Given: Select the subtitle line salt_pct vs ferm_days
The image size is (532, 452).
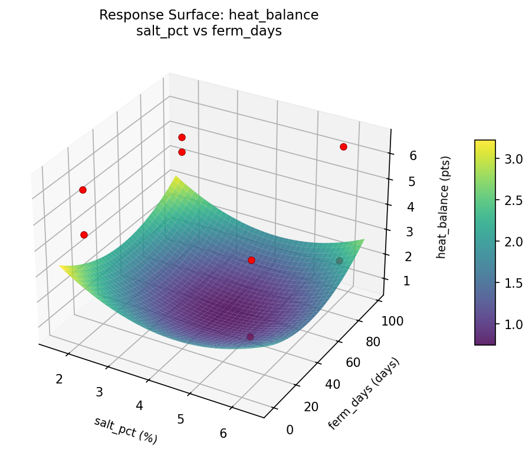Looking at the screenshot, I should coord(209,31).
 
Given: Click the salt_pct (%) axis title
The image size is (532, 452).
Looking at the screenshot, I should coord(126,430).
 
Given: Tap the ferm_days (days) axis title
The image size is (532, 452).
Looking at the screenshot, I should coord(364,394).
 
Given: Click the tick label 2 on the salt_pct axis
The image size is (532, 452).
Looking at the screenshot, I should coord(59,379).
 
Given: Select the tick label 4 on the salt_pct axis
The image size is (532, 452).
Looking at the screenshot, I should coord(140,405).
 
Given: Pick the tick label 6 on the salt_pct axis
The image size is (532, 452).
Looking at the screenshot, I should coord(224,433).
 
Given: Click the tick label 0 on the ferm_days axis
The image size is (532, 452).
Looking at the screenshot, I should coord(290,430).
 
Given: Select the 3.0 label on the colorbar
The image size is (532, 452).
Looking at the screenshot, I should coord(514,158).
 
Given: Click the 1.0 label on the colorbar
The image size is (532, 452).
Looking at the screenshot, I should coord(514,324).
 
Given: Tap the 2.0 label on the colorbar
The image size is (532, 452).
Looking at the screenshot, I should coord(514,242).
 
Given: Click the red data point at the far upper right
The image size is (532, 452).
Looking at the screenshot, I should coord(343,147).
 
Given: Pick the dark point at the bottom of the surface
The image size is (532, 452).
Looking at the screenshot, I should coord(250,337).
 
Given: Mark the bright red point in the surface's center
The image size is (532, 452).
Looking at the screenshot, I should coord(251,260).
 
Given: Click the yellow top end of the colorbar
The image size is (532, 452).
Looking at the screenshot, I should coord(485,143).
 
